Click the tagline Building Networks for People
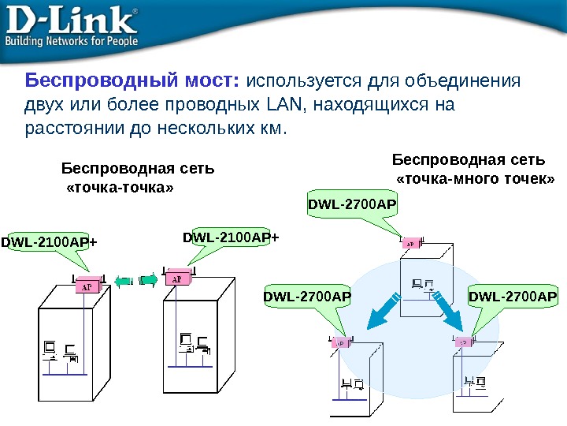(72, 40)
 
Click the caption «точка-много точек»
(475, 181)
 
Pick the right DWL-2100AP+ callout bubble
(231, 237)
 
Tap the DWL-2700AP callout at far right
(513, 297)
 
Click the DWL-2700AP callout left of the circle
(307, 297)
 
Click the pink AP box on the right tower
(176, 279)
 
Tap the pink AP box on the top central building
(410, 245)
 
